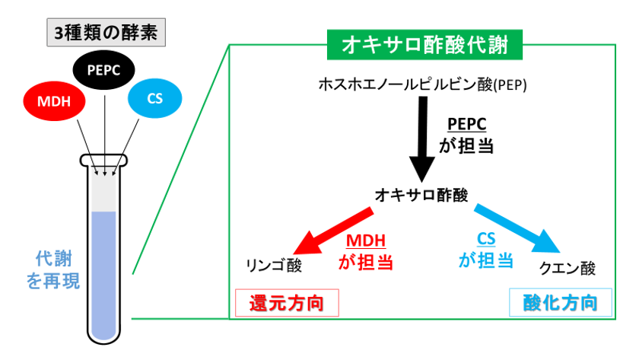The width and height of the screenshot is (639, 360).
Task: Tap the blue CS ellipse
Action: coord(155,98)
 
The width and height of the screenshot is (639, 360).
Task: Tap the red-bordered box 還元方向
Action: coord(287,304)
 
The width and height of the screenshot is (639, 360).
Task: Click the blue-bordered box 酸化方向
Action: coord(560,304)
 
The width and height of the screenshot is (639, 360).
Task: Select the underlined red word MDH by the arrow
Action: coord(366,241)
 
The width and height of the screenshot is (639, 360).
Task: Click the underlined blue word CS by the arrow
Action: coord(485,240)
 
